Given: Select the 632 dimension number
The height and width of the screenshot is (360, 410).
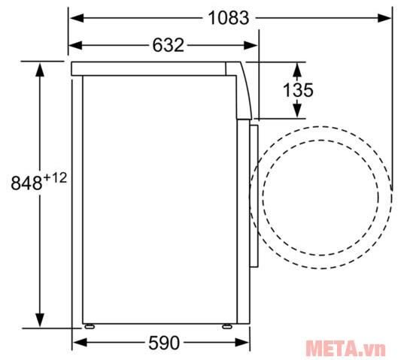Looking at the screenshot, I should point(168,45).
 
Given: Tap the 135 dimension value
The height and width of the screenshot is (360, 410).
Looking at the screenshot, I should point(298,90).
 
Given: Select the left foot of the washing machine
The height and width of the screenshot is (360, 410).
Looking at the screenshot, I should point(90,326).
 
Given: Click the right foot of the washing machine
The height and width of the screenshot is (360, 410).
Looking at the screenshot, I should point(228,326).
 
